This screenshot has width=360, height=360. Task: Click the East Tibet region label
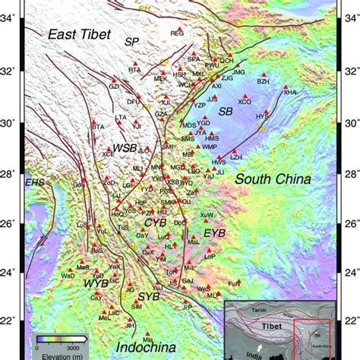tap(80, 34)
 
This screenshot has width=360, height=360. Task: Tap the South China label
tap(273, 180)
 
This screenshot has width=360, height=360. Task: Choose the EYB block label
tap(215, 232)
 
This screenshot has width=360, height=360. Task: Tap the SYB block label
tap(149, 297)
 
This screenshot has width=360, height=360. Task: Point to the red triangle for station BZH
tap(263, 75)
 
